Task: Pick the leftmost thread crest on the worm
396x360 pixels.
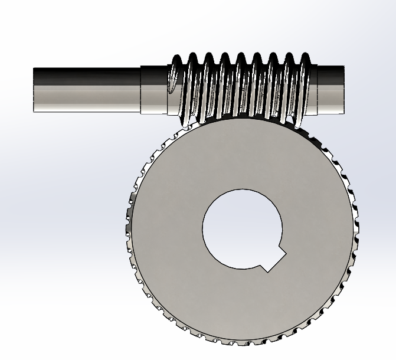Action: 176,60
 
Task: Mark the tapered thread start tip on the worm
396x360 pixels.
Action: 171,89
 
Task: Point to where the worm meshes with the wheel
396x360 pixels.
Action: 242,118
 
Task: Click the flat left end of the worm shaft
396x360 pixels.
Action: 34,89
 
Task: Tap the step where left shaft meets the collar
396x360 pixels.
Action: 140,89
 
